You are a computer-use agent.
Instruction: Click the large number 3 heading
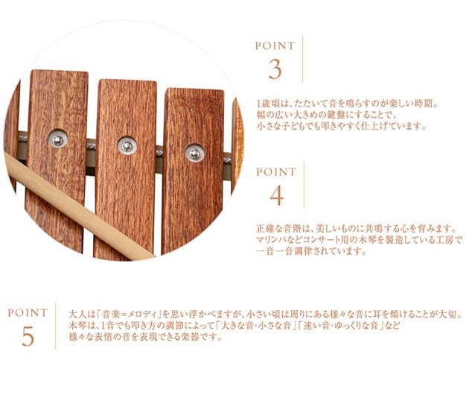coord(275,69)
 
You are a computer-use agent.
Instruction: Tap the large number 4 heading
coord(276,195)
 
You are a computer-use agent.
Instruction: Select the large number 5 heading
coord(28,336)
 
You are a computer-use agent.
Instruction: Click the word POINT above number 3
coord(275,45)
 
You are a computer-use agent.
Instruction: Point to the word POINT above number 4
coord(276,172)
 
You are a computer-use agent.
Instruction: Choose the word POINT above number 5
coord(28,313)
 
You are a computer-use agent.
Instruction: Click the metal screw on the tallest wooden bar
coord(58,139)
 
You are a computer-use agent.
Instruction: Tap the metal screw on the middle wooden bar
coord(127,146)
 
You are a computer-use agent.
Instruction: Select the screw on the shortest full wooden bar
coord(195,153)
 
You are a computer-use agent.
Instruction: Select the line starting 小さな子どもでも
coord(341,127)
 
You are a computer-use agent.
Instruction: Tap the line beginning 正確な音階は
coord(357,229)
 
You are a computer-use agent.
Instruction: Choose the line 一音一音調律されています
coord(311,251)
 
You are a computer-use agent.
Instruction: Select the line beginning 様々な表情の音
coord(146,337)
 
